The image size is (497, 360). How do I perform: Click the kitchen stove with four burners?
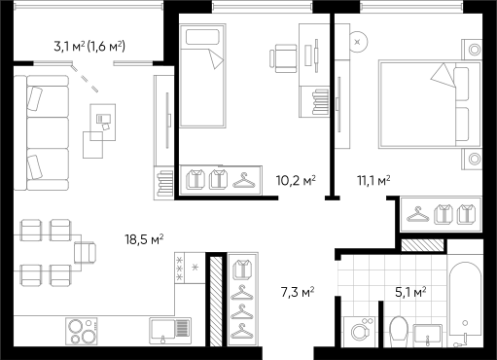coord(83,331)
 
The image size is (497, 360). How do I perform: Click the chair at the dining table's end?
coord(87,253)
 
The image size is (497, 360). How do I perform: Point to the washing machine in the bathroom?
coord(361,332)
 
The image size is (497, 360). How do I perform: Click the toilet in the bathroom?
coord(398,330)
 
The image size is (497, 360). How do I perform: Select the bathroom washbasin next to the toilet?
coord(429,335)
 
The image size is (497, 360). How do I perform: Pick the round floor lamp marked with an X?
coord(358,42)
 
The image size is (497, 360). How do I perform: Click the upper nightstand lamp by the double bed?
coord(474,49)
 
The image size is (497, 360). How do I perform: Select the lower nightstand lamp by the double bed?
coord(474,158)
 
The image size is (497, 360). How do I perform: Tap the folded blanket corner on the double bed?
coord(443,74)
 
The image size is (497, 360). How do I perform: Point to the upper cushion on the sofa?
coord(35,98)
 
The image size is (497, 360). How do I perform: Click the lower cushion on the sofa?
coord(35,165)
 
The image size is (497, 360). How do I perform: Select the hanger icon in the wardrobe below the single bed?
coord(243,179)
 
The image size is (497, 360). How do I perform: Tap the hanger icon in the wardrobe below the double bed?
coord(419,213)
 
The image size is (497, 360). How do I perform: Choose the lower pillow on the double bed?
coord(462,124)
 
